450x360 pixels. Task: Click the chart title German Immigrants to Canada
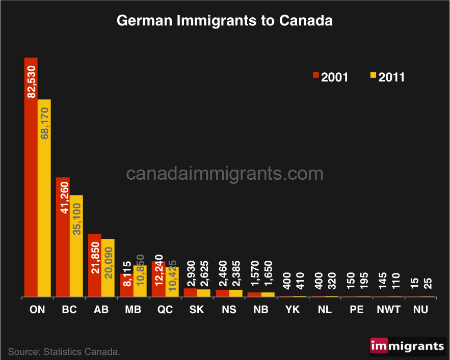click(x=225, y=21)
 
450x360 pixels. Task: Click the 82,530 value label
click(x=32, y=81)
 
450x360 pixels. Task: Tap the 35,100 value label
click(x=76, y=218)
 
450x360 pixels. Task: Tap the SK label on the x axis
click(x=197, y=309)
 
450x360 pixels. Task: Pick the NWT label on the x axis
click(x=389, y=309)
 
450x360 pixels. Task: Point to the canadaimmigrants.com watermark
click(x=225, y=174)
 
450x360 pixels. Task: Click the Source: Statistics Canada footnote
click(x=64, y=351)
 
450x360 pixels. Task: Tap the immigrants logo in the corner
click(x=407, y=346)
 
